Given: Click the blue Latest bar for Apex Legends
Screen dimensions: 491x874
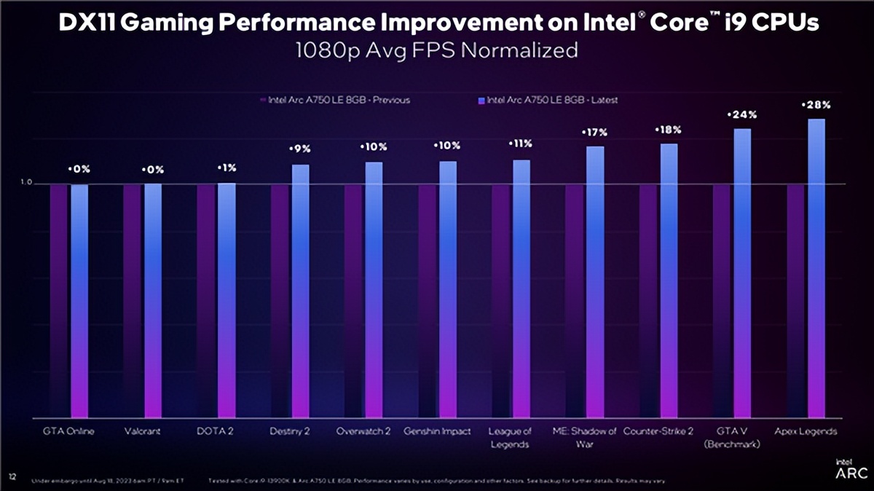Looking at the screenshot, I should point(816,269).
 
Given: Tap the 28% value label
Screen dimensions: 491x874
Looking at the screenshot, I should point(816,105).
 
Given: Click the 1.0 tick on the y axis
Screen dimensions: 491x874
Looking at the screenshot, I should point(27,183).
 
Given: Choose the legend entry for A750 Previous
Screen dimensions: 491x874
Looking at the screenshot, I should point(334,100).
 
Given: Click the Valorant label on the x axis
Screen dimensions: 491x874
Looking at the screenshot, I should point(143,431).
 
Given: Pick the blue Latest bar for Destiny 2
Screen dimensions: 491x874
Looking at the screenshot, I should point(300,291).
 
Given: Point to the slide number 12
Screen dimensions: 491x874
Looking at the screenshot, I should point(12,476).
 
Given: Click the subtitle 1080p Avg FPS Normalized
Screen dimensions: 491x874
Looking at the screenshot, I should point(437,50).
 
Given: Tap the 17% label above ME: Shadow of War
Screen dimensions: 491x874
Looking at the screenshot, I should point(594,133).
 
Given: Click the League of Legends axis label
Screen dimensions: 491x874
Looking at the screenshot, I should point(521,437).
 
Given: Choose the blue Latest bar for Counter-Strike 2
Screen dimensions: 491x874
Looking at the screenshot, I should point(669,281).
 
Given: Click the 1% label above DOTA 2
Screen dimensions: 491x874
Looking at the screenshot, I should point(227,168).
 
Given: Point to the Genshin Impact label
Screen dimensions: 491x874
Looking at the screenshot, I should point(437,431).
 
